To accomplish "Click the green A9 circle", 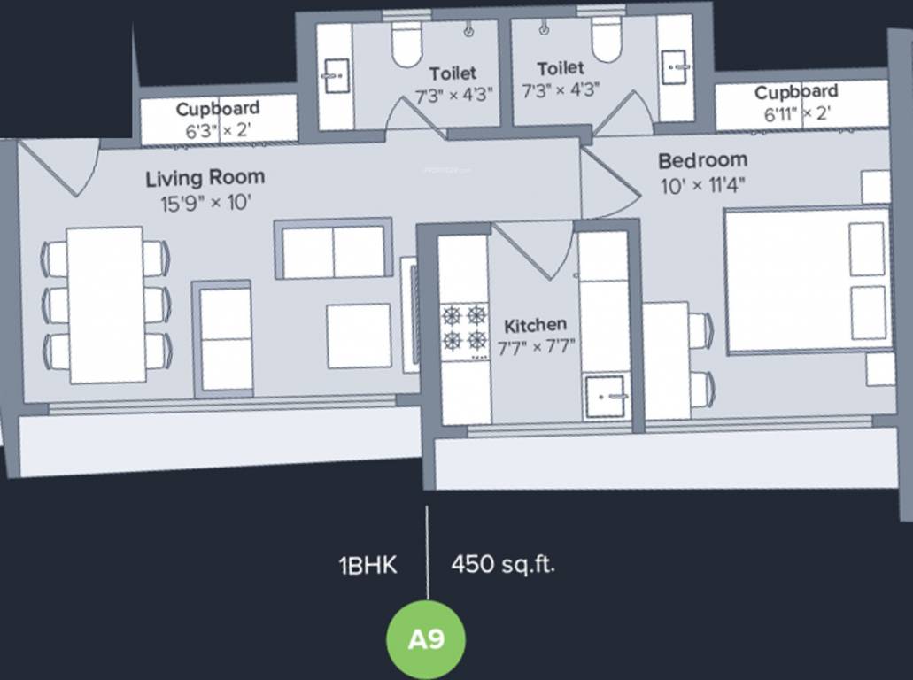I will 426,639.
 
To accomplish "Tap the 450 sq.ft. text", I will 503,565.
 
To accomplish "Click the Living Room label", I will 205,178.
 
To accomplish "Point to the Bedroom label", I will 702,161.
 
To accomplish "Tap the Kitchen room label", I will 535,325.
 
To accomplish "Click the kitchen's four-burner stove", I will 464,328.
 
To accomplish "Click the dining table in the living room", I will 105,305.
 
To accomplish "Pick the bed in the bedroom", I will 806,280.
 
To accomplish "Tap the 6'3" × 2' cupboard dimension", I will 217,129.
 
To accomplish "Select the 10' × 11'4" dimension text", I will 703,186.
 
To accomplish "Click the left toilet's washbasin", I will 335,76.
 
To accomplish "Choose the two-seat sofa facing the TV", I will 334,251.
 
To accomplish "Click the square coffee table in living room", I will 359,336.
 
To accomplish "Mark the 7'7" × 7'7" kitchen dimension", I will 537,345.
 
